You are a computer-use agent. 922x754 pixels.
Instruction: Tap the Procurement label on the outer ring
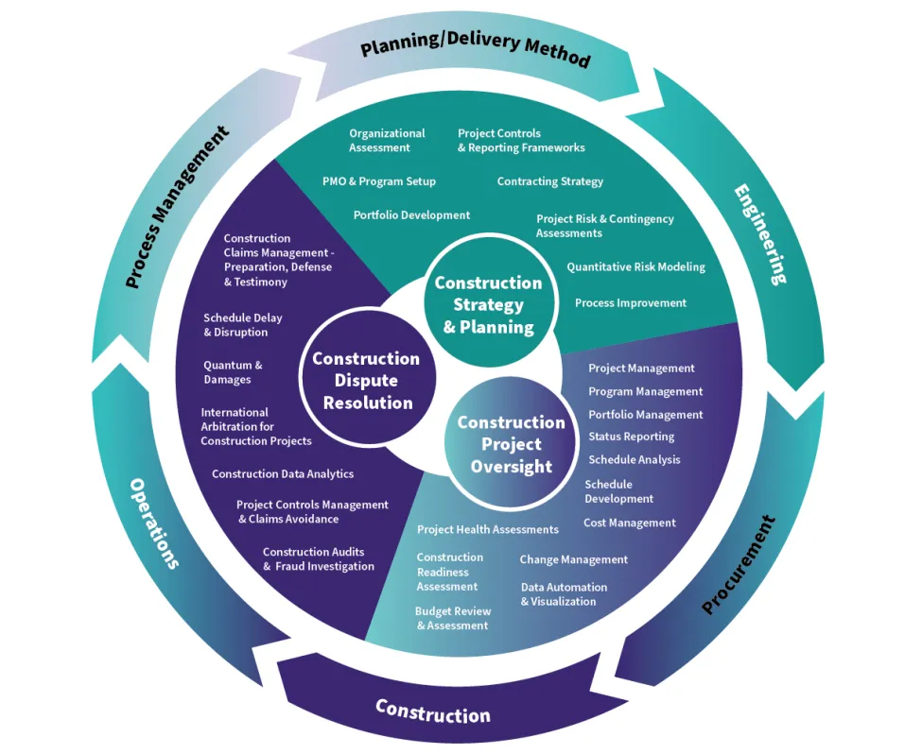(x=739, y=564)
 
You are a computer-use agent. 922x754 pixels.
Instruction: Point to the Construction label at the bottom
(x=433, y=710)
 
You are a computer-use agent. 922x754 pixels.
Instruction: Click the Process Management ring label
(x=177, y=207)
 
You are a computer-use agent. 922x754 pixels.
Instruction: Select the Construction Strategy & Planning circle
(x=488, y=304)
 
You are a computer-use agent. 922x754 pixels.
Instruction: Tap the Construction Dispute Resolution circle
(x=366, y=380)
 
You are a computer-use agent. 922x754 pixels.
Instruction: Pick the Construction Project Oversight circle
(x=511, y=444)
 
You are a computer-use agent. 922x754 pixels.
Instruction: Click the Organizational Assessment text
(x=387, y=140)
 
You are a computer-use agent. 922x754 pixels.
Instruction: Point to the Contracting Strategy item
(x=549, y=181)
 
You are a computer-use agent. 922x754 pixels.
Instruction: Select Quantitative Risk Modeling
(x=635, y=267)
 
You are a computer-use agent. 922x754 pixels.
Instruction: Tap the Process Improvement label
(x=630, y=303)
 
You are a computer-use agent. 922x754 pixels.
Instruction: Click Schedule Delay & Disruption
(x=242, y=325)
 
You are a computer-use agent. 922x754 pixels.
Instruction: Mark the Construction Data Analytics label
(x=283, y=473)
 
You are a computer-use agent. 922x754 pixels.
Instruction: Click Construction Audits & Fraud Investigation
(x=318, y=559)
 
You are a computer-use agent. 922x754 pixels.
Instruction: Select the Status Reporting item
(x=631, y=437)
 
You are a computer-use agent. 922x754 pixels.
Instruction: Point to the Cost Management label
(x=629, y=523)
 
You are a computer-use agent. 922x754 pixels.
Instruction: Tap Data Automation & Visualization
(x=564, y=593)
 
